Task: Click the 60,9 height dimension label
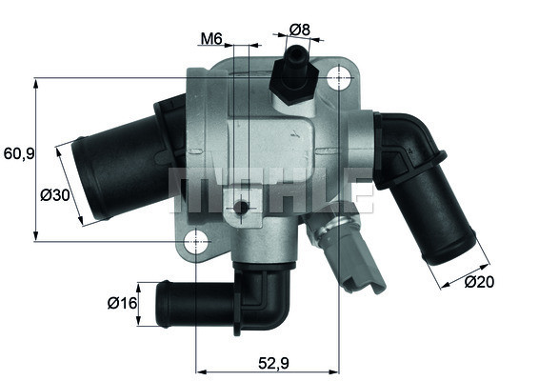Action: (x=19, y=152)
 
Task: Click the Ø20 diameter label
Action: (x=482, y=281)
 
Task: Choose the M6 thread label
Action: (x=211, y=39)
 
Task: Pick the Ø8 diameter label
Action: (x=299, y=30)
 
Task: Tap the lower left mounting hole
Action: (x=196, y=241)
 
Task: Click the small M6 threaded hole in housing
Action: (x=242, y=208)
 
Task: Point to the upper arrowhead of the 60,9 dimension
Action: (x=36, y=81)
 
